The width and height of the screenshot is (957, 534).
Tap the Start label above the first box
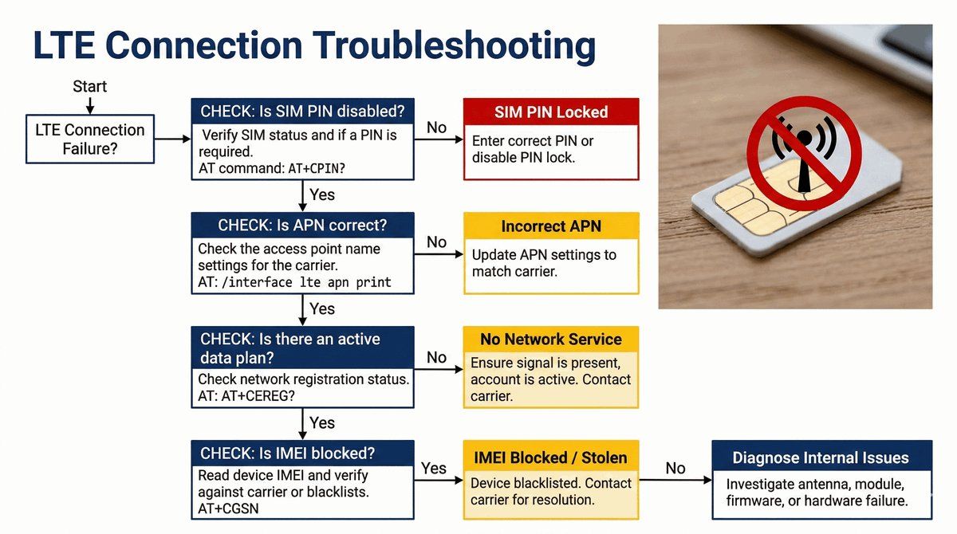point(89,86)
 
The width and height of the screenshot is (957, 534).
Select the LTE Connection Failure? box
point(89,139)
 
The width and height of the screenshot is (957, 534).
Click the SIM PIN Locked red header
point(551,112)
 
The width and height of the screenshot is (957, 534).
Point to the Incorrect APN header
point(551,226)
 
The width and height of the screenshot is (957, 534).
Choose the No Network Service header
point(551,339)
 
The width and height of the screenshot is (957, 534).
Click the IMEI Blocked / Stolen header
point(551,457)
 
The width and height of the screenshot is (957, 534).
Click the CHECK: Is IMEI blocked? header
point(288,454)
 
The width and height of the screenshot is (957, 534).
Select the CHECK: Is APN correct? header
point(293,226)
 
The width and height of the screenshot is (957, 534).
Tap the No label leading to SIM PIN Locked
point(436,128)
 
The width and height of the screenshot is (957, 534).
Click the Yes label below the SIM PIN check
point(321,195)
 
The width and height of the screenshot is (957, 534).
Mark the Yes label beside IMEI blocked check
point(433,468)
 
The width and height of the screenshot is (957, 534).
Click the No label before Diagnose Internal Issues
point(675,468)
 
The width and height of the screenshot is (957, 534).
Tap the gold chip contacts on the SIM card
point(754,209)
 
